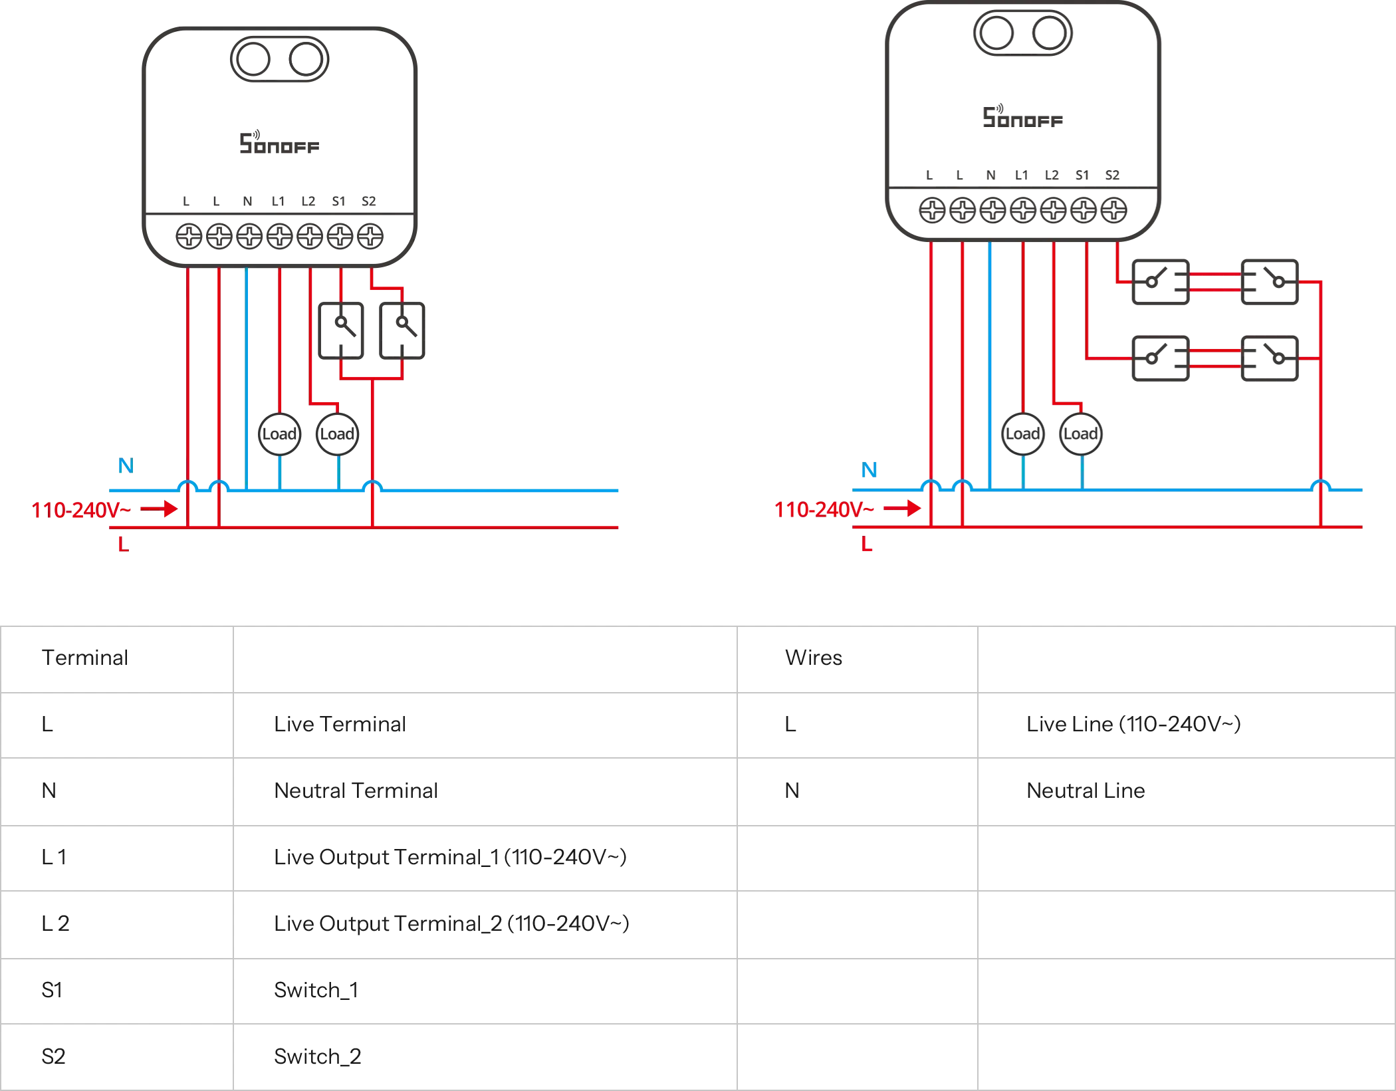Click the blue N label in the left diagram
point(124,466)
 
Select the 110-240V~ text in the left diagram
point(74,511)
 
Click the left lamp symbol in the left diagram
point(279,433)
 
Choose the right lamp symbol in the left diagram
point(337,433)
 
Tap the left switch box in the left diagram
point(341,330)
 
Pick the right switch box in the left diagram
point(402,330)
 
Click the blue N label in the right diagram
point(869,469)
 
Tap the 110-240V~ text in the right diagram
point(818,511)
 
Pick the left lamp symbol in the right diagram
point(1023,433)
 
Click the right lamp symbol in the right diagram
point(1082,433)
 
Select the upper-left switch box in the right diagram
point(1159,282)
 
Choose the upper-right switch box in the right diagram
point(1270,282)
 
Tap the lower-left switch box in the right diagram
point(1159,359)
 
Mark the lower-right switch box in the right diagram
point(1270,359)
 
